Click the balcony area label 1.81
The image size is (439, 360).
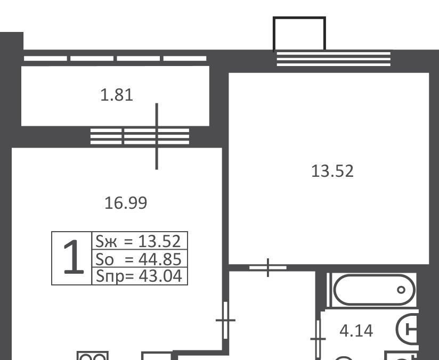click(117, 95)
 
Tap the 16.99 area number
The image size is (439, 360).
click(126, 203)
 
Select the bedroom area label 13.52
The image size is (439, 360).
click(332, 171)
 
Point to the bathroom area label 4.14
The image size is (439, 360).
click(356, 331)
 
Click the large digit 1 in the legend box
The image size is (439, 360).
click(73, 257)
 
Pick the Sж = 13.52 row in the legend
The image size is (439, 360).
click(139, 241)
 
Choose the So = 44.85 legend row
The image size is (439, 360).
click(139, 259)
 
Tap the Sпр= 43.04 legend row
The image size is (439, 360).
click(139, 276)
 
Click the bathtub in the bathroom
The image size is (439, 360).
click(375, 290)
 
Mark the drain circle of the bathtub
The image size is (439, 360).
click(401, 290)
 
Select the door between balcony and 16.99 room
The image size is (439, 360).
click(157, 136)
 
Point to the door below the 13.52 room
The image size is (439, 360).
click(268, 268)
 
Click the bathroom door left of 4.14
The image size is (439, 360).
click(318, 339)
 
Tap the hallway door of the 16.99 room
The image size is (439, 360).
click(226, 320)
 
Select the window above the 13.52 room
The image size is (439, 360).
click(334, 59)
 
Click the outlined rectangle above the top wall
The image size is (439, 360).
click(299, 34)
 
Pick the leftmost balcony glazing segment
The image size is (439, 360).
click(45, 59)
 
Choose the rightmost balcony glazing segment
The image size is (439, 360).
click(185, 59)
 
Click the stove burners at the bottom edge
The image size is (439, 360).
click(93, 356)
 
